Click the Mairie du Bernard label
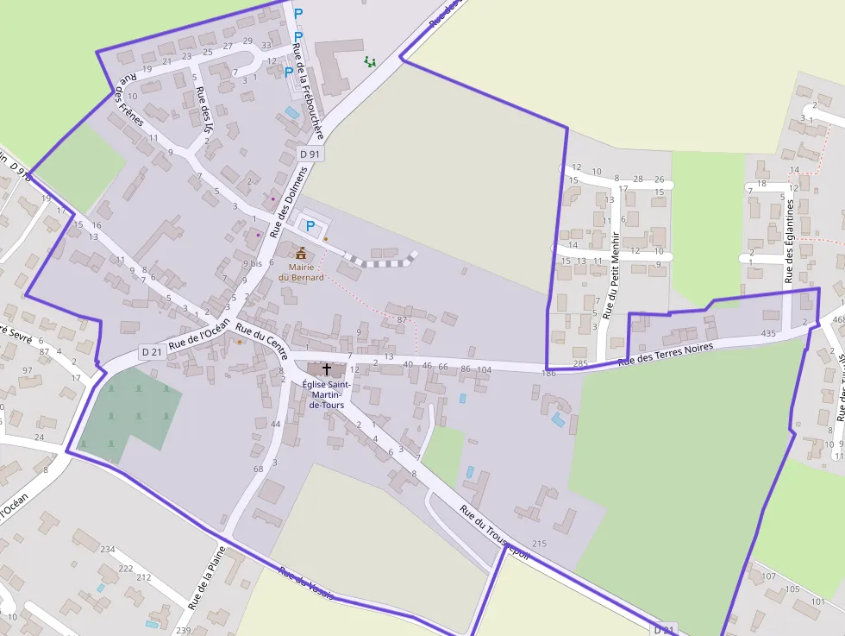pos(301,273)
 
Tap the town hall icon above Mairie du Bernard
pos(301,254)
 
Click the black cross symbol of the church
pos(326,368)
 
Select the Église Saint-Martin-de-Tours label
pos(326,394)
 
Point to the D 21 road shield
pos(152,351)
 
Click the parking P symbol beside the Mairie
pos(310,226)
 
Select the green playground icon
pos(370,61)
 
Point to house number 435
pos(768,333)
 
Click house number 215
pos(540,544)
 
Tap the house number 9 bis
pos(252,263)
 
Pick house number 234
pos(108,549)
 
